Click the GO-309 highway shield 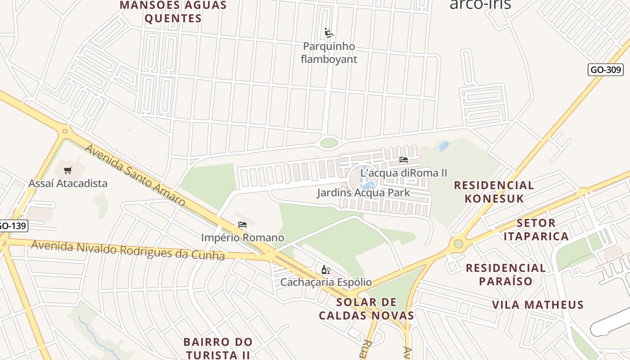tap(605, 70)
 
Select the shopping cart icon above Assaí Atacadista tap(67, 170)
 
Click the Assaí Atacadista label tap(68, 183)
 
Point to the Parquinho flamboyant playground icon tap(329, 33)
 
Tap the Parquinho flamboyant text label tap(329, 53)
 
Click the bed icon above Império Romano tap(243, 225)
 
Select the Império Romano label tap(243, 238)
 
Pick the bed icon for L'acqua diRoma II tap(403, 160)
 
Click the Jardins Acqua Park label tap(363, 193)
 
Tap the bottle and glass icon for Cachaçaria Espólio tap(326, 270)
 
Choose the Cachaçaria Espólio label tap(326, 282)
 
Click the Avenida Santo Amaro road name tap(135, 175)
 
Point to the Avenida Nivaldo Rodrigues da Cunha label tap(128, 250)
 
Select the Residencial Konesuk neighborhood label tap(494, 192)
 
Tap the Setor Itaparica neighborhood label tap(536, 229)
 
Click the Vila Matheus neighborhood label tap(538, 305)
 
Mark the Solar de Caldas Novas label tap(366, 308)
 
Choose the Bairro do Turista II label tap(218, 348)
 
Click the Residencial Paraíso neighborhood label tap(506, 274)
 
